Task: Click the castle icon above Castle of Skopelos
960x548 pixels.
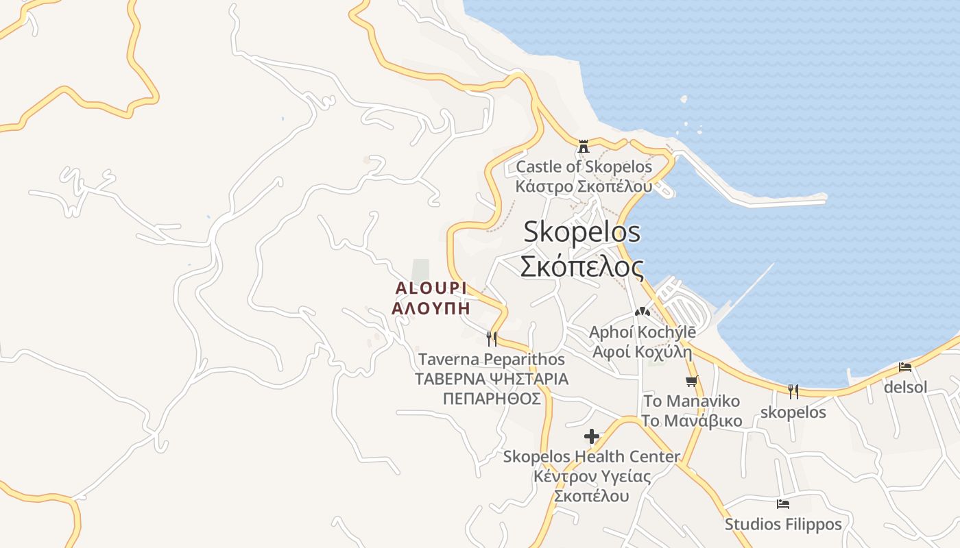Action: click(x=584, y=146)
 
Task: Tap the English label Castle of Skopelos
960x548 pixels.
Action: click(x=584, y=166)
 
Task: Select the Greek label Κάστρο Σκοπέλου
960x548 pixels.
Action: click(x=584, y=186)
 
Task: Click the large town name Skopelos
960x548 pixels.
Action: click(x=581, y=232)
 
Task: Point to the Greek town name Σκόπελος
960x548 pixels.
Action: click(x=581, y=266)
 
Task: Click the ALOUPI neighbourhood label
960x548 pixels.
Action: click(x=431, y=288)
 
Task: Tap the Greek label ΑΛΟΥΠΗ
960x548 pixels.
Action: click(x=431, y=308)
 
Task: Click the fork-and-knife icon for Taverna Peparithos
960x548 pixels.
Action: click(x=491, y=338)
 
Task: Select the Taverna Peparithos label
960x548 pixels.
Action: click(x=492, y=359)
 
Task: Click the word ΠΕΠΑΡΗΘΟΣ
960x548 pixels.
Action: click(x=492, y=399)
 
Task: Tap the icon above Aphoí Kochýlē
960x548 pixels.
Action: click(x=642, y=312)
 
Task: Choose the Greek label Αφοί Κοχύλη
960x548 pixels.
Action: click(x=642, y=353)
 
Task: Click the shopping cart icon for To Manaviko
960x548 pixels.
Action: click(x=691, y=381)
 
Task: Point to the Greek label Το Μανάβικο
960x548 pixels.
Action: click(x=691, y=420)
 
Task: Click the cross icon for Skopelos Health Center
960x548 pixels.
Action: click(x=592, y=436)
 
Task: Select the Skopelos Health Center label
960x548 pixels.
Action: click(x=592, y=456)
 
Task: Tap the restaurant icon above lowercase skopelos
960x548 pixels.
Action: click(x=793, y=392)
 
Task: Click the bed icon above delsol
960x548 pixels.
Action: click(x=905, y=367)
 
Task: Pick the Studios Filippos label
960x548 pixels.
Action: click(x=783, y=525)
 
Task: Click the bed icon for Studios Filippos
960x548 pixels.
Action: click(x=783, y=504)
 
